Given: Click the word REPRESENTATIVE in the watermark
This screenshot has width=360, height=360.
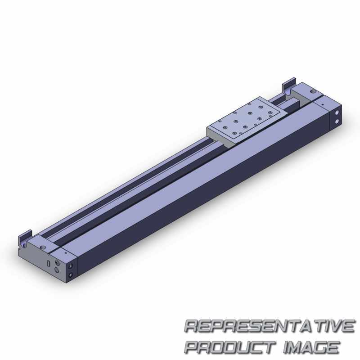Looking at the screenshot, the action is [x=270, y=326].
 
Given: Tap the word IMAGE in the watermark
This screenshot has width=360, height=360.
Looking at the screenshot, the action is [x=311, y=347].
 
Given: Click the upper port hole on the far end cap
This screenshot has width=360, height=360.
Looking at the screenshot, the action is [x=337, y=113].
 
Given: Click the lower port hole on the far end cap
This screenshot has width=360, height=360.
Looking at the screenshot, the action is [x=337, y=121].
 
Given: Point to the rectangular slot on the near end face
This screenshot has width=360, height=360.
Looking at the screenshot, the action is [x=49, y=264].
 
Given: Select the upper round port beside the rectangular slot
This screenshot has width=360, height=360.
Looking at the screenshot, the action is [x=58, y=263].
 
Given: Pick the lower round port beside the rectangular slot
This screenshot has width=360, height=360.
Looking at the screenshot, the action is [x=57, y=270].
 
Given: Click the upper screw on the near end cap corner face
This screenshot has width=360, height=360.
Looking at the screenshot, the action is [x=71, y=266].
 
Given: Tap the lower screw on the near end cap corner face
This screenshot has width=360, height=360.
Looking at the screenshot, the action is [x=71, y=274].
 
